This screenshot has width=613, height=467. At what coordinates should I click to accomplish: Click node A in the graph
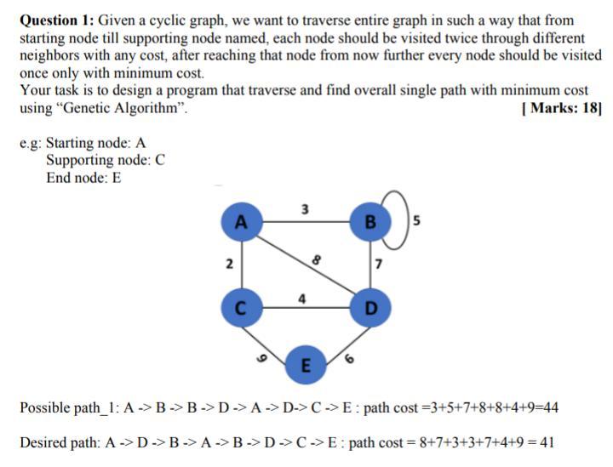242,224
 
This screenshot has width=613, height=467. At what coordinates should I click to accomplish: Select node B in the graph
369,224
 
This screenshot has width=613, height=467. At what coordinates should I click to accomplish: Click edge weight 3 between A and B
305,209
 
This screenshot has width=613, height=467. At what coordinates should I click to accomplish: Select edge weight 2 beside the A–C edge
228,265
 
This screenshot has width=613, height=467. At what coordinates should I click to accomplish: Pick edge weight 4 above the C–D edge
303,298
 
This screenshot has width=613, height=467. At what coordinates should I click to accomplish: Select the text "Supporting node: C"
106,160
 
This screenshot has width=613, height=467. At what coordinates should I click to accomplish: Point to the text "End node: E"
83,178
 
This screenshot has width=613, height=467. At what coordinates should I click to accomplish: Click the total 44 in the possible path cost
550,407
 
